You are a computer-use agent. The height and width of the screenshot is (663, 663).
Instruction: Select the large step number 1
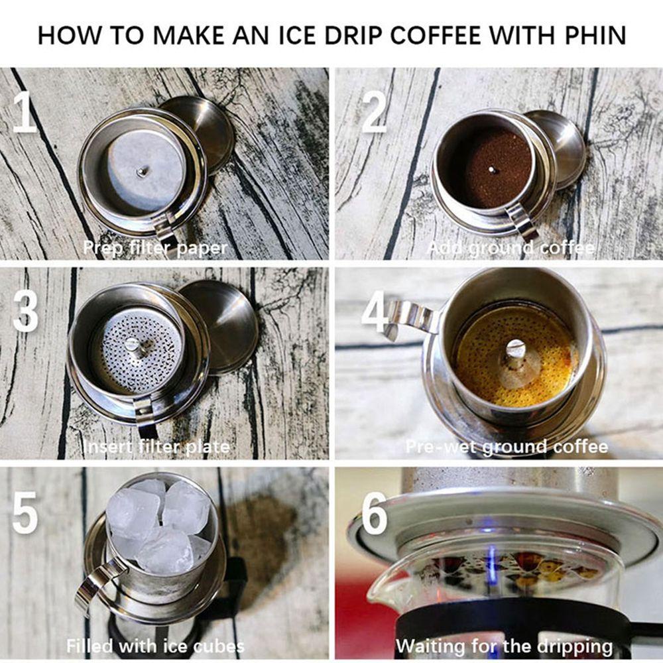(x=24, y=112)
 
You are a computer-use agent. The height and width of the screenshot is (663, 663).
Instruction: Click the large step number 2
(x=374, y=112)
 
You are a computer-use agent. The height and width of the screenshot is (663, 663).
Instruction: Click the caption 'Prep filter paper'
(x=155, y=248)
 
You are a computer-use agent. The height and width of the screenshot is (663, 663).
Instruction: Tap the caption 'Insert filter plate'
(x=156, y=446)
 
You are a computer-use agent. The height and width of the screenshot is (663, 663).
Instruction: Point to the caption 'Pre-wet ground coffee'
(x=507, y=447)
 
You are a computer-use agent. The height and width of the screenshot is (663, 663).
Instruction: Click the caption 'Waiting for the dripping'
(x=504, y=646)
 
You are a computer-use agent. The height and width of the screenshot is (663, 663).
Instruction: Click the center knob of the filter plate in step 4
(x=516, y=349)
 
